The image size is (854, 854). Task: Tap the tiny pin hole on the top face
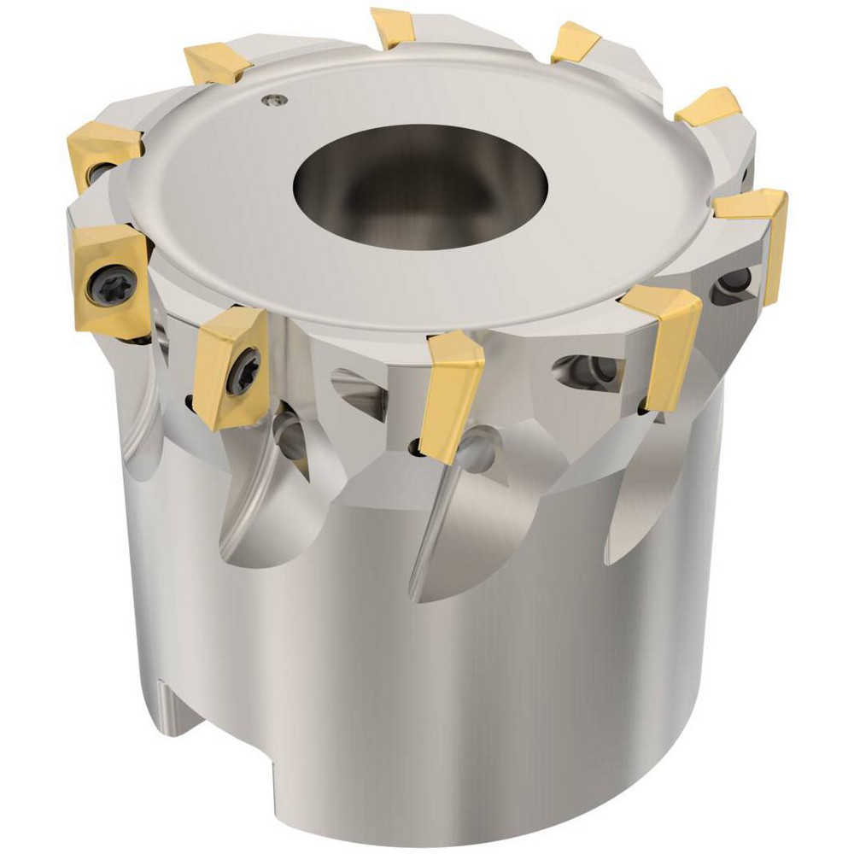pyautogui.click(x=272, y=100)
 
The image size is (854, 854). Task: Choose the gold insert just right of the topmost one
pyautogui.click(x=575, y=42)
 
